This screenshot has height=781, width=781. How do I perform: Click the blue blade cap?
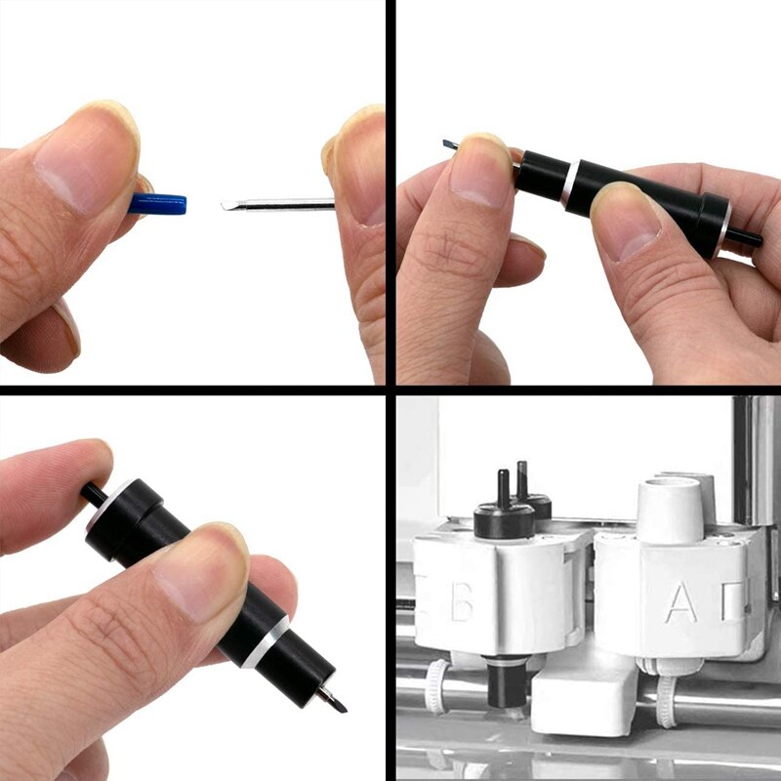click(158, 204)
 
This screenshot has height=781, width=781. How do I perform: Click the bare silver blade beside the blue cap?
click(277, 204)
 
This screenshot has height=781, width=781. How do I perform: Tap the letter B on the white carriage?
click(462, 603)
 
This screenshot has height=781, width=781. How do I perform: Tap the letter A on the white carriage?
click(680, 603)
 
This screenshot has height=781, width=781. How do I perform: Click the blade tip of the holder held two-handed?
click(448, 144)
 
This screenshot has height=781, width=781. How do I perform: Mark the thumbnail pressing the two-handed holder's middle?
click(625, 220)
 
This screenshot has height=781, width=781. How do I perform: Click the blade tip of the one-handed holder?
click(337, 700)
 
